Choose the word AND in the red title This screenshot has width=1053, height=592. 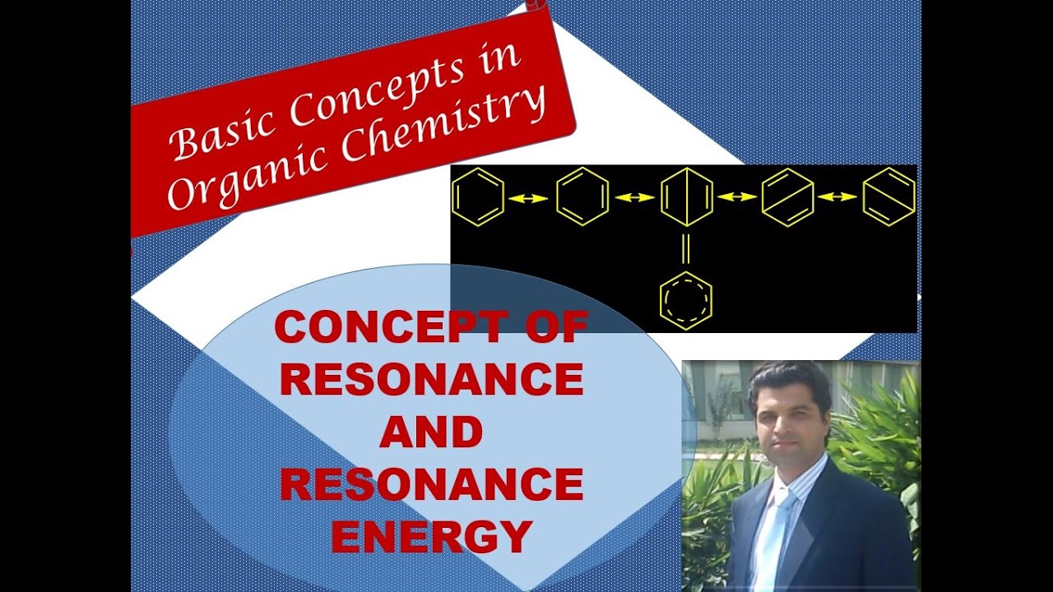431,432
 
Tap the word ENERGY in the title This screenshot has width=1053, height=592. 431,536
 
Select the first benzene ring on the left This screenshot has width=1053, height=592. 477,197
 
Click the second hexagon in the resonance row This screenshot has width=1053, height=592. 582,197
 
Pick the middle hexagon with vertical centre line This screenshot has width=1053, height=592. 686,197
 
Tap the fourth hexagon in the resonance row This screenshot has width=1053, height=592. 788,197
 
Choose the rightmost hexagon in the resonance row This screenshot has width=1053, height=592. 888,197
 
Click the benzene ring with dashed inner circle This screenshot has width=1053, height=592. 686,301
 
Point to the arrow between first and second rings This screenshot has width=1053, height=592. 529,197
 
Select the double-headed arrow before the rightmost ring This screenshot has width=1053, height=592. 837,197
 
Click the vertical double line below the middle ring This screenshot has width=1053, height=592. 686,248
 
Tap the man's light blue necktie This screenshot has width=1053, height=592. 772,534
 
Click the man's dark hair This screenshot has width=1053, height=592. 788,380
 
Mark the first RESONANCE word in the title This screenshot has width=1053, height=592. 431,380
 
